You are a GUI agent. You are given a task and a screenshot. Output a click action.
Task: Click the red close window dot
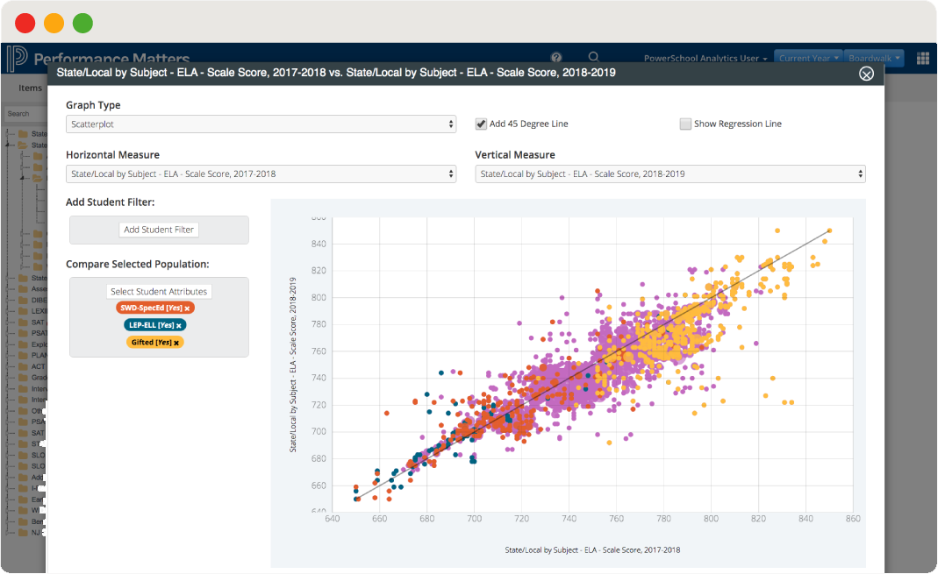point(25,24)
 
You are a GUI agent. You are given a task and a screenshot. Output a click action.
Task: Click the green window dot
point(82,24)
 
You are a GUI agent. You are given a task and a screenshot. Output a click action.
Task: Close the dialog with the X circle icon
point(866,74)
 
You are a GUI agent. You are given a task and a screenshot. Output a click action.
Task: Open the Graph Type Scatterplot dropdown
point(261,124)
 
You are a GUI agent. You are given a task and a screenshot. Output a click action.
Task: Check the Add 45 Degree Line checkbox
point(481,124)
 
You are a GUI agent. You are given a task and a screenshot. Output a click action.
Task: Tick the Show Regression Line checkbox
point(685,124)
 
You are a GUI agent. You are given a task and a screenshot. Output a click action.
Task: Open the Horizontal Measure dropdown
point(261,174)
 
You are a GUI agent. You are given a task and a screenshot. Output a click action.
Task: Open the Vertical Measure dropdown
point(669,174)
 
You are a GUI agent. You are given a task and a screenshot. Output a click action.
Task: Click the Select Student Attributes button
point(159,292)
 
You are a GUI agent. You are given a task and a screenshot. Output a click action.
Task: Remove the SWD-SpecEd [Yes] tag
point(187,308)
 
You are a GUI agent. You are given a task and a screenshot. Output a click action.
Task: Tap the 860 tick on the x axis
point(852,519)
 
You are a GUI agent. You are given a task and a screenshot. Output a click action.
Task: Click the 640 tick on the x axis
point(333,519)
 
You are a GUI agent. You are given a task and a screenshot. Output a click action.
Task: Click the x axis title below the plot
point(592,550)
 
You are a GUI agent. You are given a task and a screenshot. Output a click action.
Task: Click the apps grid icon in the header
point(923,59)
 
